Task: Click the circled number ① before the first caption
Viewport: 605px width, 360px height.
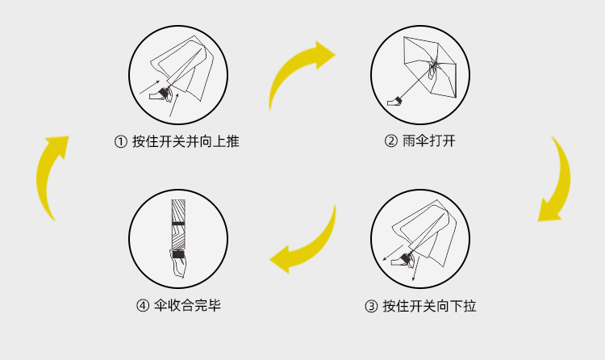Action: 121,142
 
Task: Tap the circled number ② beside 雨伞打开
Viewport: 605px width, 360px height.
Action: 391,141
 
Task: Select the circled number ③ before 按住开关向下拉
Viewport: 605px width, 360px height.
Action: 371,307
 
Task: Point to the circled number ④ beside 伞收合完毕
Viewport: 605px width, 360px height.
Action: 143,306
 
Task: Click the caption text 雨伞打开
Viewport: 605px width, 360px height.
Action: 428,141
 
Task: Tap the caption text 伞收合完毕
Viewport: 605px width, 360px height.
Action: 187,306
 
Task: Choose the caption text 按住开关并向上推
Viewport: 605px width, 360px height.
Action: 186,141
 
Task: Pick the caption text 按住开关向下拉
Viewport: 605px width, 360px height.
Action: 429,306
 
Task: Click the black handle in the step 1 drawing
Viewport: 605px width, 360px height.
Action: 165,93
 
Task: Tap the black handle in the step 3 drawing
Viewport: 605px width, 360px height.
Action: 406,258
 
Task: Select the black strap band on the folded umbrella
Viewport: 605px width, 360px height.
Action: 178,224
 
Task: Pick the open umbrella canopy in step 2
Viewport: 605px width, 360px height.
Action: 429,65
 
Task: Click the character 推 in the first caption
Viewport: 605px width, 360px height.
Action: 232,141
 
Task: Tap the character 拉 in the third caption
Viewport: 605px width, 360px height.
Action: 469,306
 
